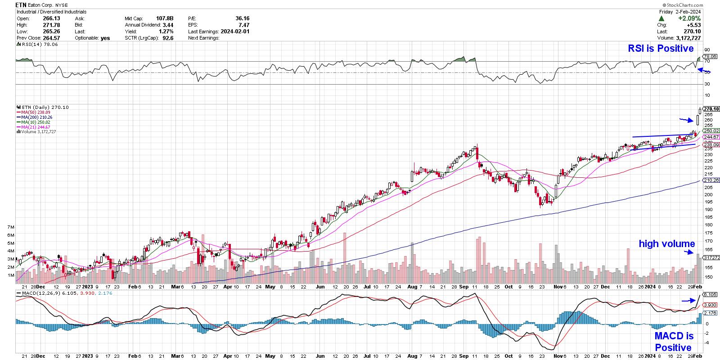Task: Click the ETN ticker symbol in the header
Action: point(21,5)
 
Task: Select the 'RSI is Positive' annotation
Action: point(661,48)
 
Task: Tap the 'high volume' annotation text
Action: point(667,244)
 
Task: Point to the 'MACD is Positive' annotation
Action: point(673,342)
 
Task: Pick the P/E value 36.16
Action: point(242,18)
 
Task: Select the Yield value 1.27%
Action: point(165,31)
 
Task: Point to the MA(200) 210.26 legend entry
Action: point(36,117)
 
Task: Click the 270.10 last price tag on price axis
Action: point(711,109)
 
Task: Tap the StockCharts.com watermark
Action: point(700,5)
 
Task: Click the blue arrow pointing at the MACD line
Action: point(688,301)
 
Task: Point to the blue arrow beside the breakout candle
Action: point(686,120)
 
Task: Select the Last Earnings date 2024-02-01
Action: point(234,31)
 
